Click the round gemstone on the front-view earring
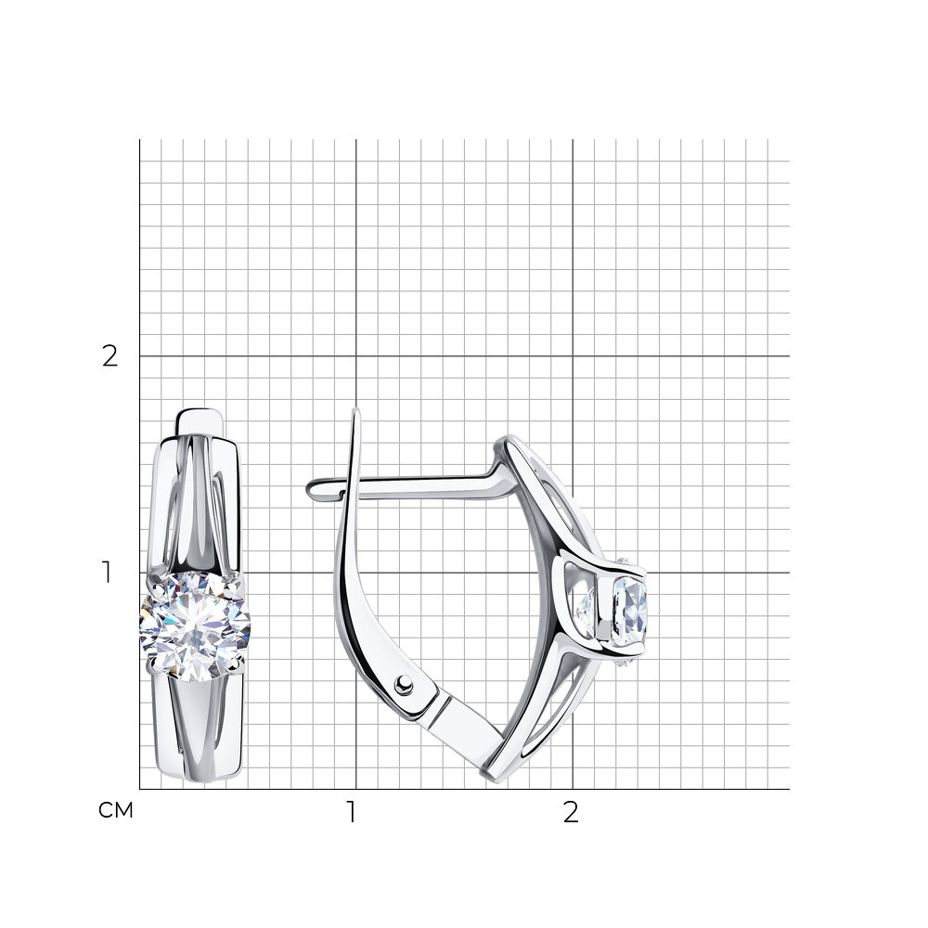pyautogui.click(x=195, y=626)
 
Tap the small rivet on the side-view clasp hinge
pyautogui.click(x=405, y=684)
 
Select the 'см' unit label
pyautogui.click(x=116, y=809)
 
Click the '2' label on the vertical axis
pyautogui.click(x=110, y=356)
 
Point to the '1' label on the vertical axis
pyautogui.click(x=107, y=573)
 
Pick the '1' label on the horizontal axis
pyautogui.click(x=352, y=813)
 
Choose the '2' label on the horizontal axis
pyautogui.click(x=571, y=813)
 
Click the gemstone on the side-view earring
pyautogui.click(x=628, y=611)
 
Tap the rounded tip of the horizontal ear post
pyautogui.click(x=311, y=489)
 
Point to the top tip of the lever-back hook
pyautogui.click(x=355, y=408)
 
